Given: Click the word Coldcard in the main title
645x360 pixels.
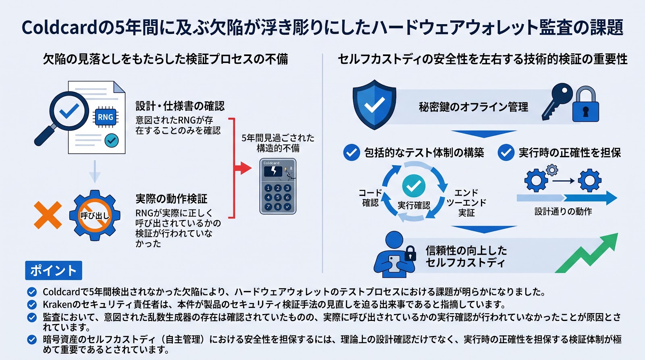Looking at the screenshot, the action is click(59, 28).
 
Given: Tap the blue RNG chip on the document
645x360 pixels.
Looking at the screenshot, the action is click(105, 117).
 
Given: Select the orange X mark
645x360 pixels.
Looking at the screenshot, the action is click(48, 215).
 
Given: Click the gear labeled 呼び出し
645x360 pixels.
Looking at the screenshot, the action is click(95, 215).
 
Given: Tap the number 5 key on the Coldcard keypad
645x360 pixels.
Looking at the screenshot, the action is click(278, 197).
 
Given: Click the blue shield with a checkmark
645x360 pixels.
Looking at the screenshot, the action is click(375, 105).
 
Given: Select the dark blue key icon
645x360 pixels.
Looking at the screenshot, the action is click(557, 101).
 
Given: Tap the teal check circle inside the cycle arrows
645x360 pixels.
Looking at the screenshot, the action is click(414, 186).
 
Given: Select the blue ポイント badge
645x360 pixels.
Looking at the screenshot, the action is click(54, 271).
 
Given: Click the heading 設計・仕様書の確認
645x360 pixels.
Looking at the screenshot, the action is click(180, 106).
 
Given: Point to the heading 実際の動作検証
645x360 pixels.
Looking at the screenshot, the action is click(171, 199).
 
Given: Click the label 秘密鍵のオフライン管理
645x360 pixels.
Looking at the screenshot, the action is click(473, 107).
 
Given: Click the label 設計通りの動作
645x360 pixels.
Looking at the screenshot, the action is click(563, 212).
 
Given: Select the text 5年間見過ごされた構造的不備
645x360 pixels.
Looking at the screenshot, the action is click(278, 143).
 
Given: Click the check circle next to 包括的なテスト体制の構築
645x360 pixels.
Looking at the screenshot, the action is click(352, 152).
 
